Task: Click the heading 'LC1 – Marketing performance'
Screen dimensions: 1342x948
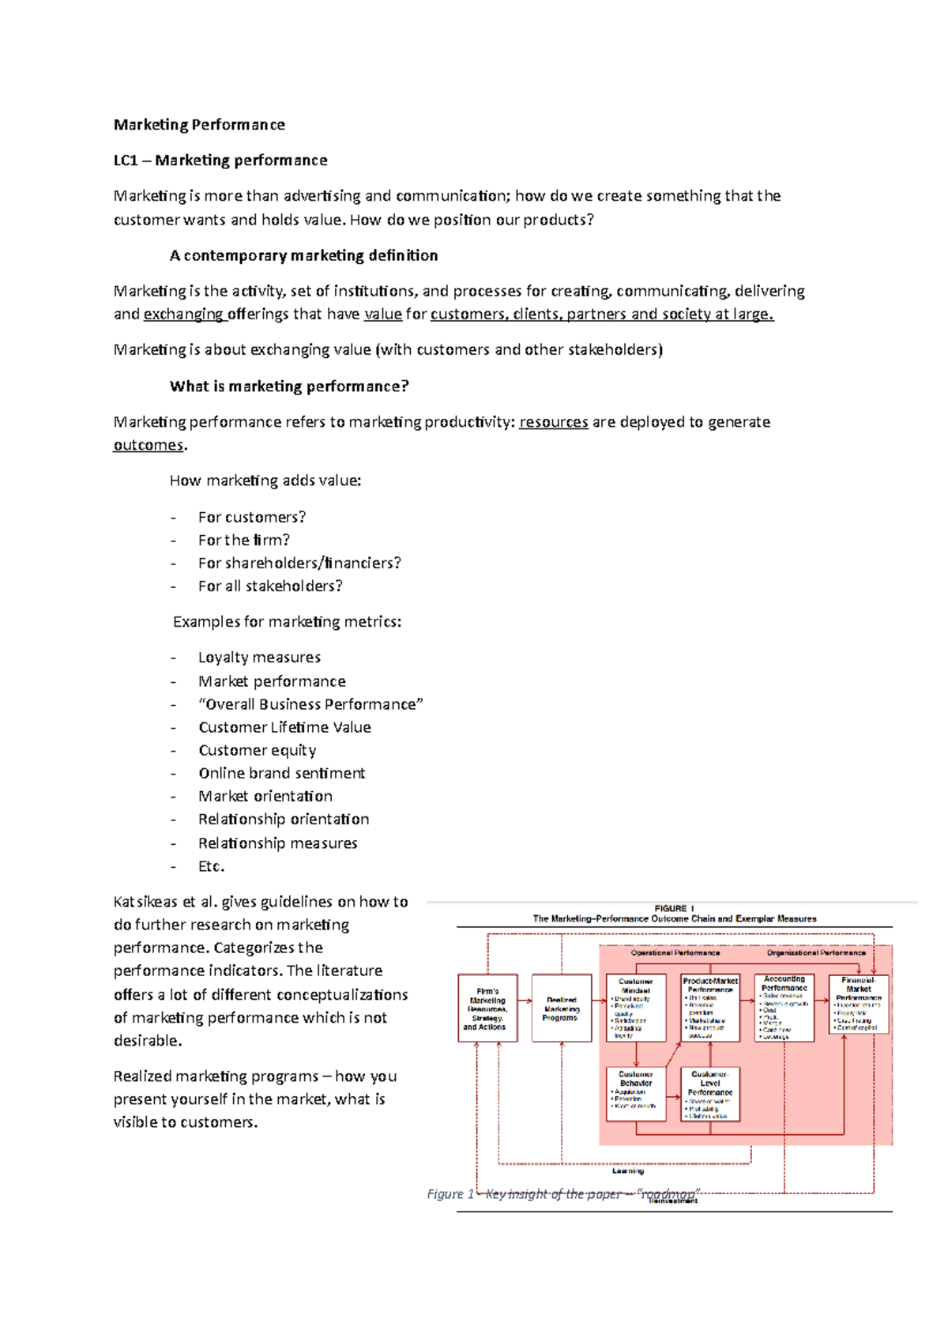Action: [x=220, y=160]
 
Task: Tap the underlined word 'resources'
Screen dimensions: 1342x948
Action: [x=553, y=422]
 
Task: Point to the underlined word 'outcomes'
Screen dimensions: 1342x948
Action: [x=149, y=445]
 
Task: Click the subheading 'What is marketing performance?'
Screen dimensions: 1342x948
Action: [x=289, y=386]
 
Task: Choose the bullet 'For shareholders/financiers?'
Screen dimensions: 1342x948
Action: [x=299, y=563]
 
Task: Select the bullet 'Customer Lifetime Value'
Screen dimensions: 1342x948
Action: [x=284, y=727]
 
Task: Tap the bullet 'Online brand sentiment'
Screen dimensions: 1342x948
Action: [x=281, y=773]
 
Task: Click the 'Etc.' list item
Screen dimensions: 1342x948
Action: [x=211, y=866]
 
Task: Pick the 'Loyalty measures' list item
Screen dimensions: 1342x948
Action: [x=259, y=658]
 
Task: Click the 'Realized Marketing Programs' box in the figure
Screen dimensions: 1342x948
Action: [x=561, y=1008]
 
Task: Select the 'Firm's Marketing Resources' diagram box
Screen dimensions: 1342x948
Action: [x=487, y=1008]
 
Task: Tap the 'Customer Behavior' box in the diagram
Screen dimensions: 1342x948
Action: [x=636, y=1094]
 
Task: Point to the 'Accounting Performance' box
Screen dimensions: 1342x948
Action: [x=784, y=1008]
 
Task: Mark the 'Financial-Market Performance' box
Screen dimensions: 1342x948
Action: [x=858, y=1005]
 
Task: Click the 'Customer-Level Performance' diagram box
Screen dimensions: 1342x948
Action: [x=710, y=1094]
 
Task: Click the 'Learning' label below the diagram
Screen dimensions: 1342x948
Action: [x=628, y=1171]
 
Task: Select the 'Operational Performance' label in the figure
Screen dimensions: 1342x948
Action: [x=675, y=953]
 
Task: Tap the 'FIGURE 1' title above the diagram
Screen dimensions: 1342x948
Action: [x=674, y=909]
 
